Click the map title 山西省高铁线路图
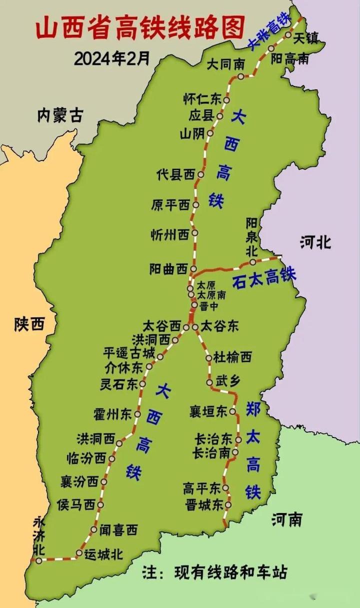coord(140,27)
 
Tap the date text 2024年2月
coord(112,58)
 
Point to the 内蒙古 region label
coord(59,116)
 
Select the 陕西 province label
coord(29,324)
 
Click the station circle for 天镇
coord(288,35)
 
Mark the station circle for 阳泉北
coord(253,262)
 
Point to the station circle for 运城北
coord(79,552)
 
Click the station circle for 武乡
coord(209,382)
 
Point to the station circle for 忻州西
coord(194,233)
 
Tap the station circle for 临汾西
coord(112,458)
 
